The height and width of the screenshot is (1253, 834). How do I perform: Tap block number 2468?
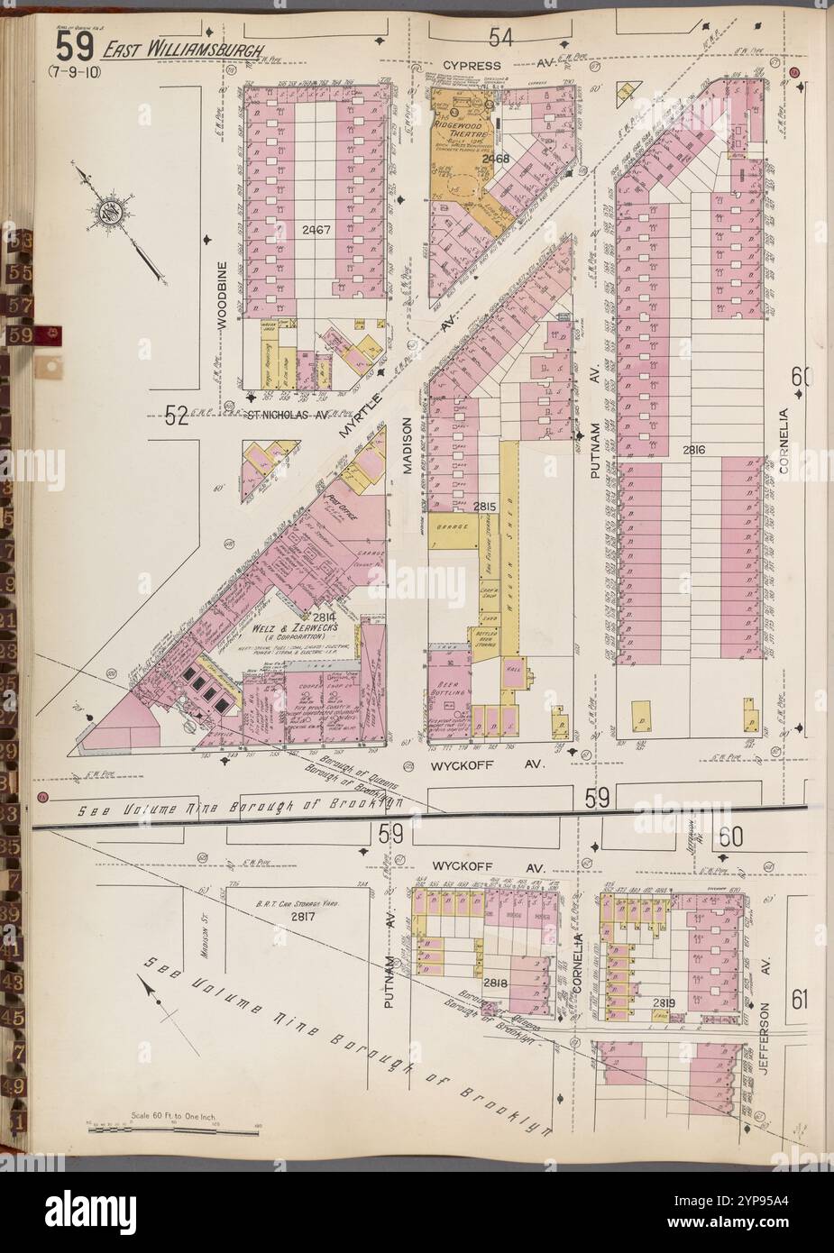495,160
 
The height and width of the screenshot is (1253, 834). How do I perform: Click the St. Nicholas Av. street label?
286,416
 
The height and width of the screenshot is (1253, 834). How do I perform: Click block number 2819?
664,1002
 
